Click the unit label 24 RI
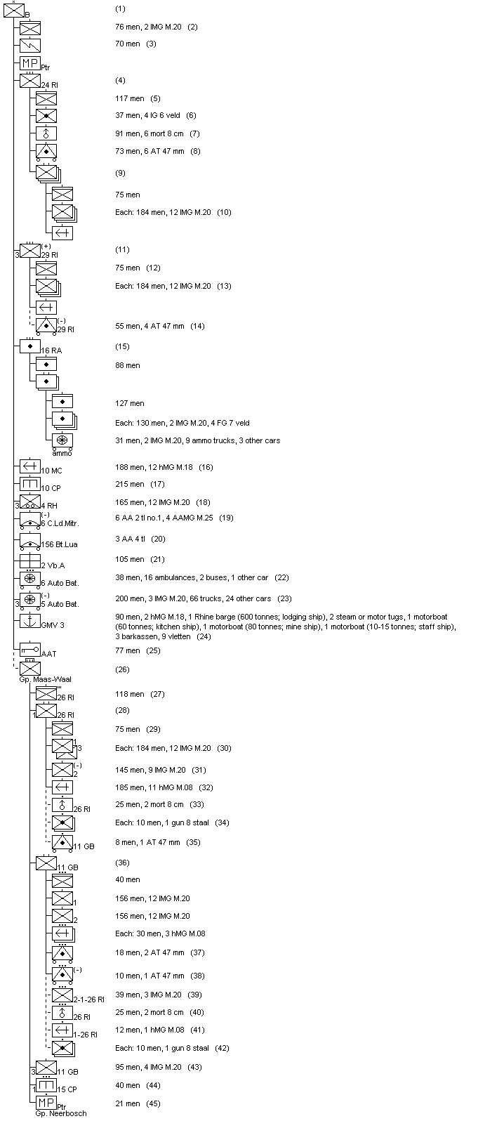49,85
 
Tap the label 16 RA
50,350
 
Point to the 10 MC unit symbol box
30,466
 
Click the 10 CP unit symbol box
30,484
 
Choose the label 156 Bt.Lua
60,544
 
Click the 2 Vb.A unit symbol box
30,561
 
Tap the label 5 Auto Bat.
60,604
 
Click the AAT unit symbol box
30,650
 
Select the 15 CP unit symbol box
46,1086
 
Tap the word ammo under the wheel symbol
62,453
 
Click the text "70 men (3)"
135,44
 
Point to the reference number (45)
153,1103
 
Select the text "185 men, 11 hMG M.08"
154,787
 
